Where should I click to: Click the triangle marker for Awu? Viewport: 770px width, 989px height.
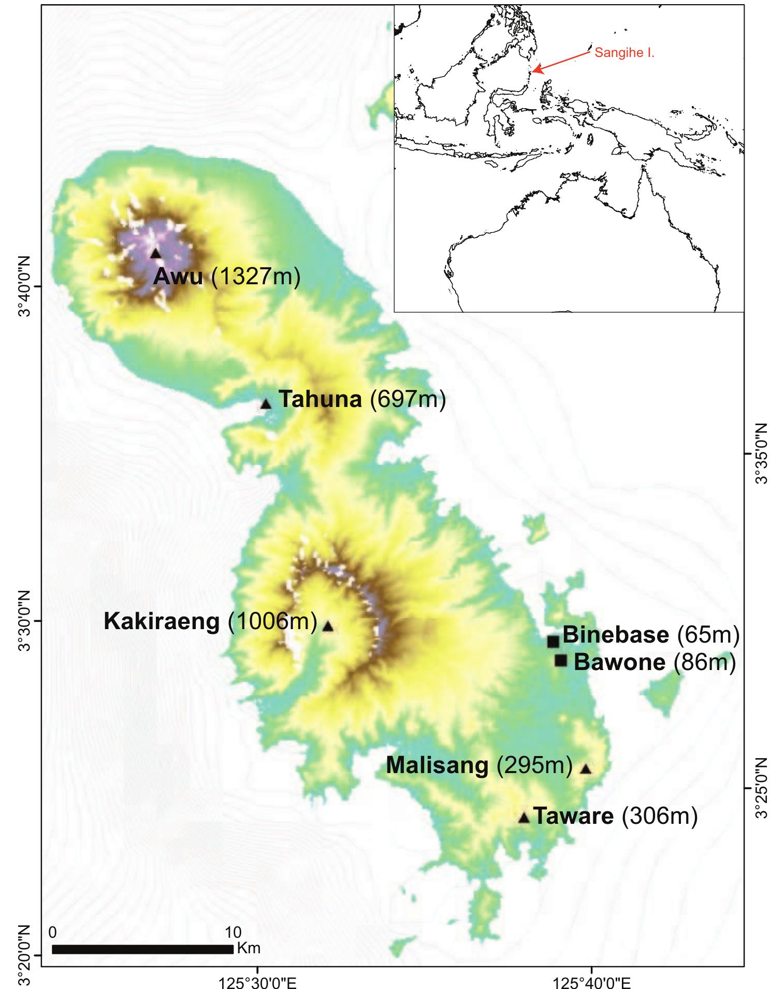point(155,253)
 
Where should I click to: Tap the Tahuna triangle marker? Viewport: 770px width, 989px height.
point(266,404)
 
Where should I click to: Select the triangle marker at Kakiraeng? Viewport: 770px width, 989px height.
point(328,627)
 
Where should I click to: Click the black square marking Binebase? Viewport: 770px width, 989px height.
point(553,642)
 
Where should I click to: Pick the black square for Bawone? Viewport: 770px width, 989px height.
point(560,661)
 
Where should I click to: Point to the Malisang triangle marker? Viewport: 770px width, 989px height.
point(585,769)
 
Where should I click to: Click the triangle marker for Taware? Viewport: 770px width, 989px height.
point(524,818)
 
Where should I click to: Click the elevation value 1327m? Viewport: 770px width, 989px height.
point(256,277)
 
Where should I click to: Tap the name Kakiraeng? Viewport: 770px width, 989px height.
point(162,621)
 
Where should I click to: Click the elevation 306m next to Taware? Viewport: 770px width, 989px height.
point(659,816)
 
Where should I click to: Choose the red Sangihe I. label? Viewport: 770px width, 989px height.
point(624,53)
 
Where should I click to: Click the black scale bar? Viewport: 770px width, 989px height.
point(142,949)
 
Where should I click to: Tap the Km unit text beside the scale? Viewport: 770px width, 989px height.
point(249,949)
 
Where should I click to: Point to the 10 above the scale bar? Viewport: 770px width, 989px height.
point(233,933)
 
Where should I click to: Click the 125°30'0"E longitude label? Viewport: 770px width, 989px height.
point(258,982)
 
